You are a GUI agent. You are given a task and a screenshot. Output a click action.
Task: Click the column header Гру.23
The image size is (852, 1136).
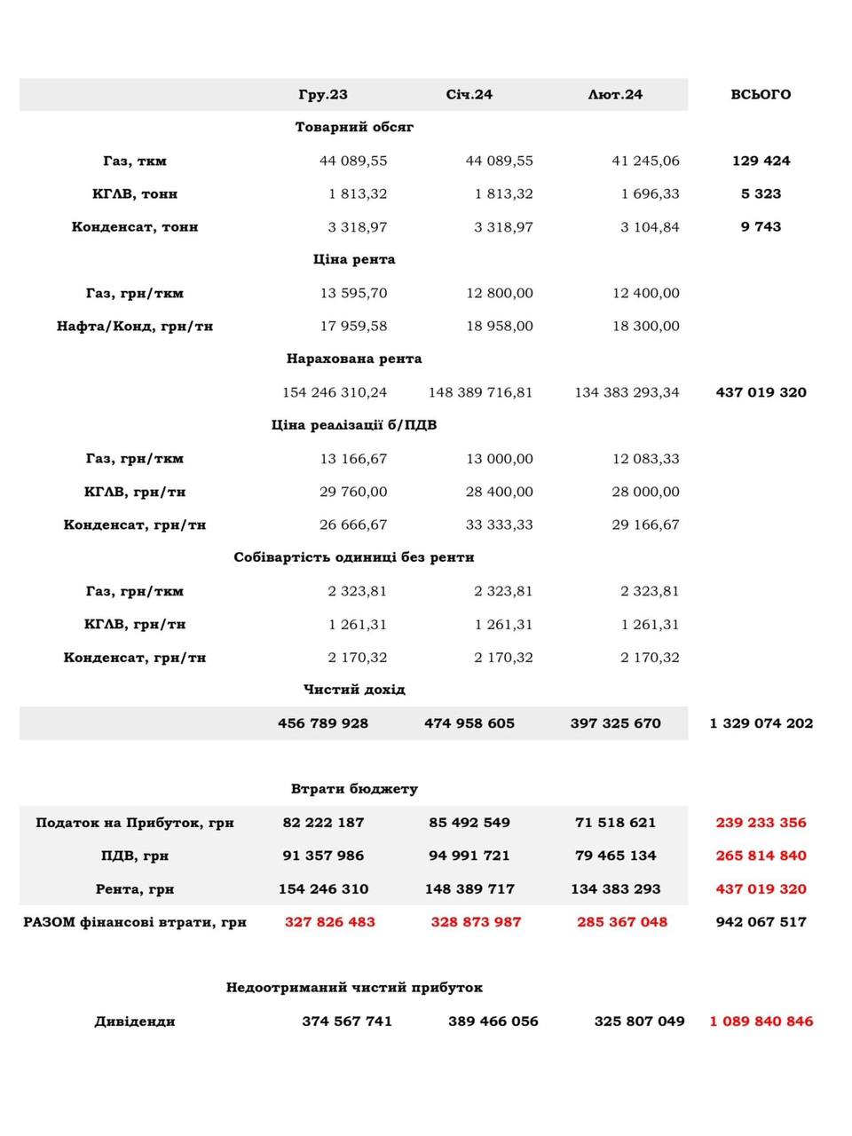323,94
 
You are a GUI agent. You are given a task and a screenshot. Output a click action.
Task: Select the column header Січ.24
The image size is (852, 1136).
469,94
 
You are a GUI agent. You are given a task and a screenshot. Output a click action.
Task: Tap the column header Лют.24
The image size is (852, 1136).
615,94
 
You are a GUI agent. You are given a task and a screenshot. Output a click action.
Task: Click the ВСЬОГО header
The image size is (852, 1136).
761,94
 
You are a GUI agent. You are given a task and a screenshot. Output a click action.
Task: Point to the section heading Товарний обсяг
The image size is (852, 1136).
354,127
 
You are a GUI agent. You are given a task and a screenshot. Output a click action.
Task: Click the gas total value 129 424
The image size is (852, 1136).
761,161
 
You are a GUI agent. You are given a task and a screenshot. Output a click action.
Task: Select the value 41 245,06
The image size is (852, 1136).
645,161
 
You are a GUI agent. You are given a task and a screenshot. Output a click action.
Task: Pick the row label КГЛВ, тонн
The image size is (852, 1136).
135,193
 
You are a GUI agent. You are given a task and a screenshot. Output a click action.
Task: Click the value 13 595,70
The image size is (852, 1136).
353,293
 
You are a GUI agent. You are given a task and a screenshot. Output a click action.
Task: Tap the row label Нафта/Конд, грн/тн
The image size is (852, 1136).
135,326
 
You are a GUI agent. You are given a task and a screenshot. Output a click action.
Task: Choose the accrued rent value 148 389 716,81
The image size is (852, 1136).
480,392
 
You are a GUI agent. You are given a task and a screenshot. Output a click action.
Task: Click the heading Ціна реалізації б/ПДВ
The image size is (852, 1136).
354,425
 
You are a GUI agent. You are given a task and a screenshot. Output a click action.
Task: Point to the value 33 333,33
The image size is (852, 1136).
500,525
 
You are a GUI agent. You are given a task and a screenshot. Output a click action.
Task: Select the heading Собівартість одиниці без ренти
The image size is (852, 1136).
354,557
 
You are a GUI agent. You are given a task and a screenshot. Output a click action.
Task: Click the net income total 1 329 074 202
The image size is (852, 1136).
761,723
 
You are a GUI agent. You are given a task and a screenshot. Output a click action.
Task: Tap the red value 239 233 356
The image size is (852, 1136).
761,823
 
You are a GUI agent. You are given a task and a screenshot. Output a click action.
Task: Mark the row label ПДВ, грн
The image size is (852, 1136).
135,856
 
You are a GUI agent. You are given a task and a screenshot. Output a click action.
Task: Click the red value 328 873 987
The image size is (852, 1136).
476,922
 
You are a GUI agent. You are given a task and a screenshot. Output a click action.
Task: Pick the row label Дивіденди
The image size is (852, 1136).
135,1022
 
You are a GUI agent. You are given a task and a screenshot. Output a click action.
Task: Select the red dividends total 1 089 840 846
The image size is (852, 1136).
761,1022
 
